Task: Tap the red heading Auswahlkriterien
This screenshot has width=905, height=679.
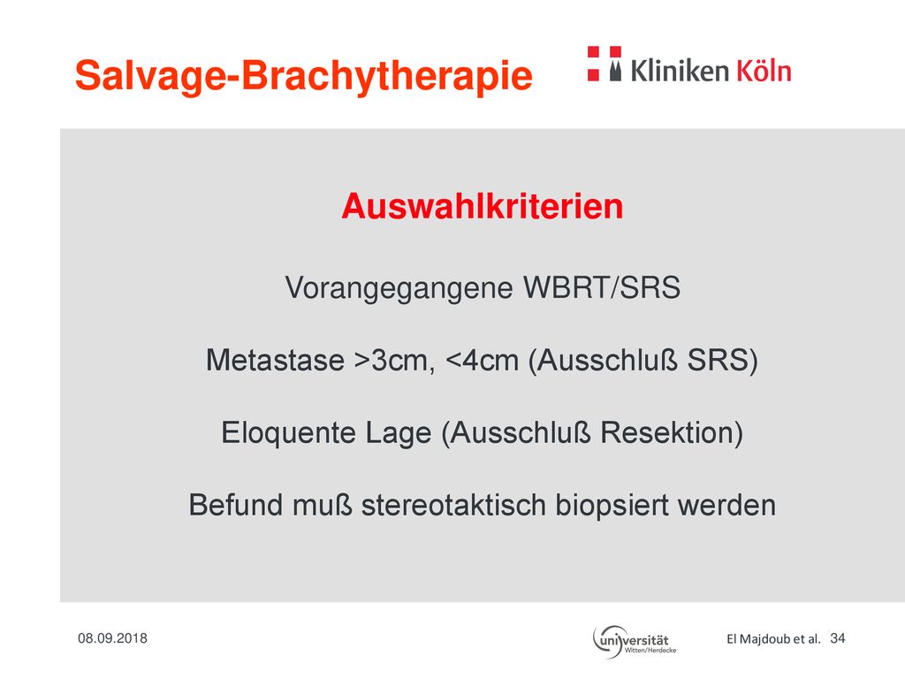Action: click(482, 206)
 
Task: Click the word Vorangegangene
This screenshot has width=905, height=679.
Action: click(399, 288)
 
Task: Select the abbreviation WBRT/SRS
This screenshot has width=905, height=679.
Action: click(602, 287)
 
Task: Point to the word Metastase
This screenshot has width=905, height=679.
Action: click(276, 361)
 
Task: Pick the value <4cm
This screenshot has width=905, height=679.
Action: click(483, 361)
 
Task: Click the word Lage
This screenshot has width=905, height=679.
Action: click(399, 433)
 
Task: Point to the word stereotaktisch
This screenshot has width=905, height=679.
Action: click(453, 505)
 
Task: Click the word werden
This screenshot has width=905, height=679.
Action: click(726, 505)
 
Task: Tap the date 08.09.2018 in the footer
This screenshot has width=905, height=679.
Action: click(112, 638)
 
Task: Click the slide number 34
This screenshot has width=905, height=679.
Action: click(838, 638)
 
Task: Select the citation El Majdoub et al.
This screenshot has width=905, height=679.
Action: click(773, 638)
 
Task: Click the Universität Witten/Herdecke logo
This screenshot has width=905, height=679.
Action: click(635, 642)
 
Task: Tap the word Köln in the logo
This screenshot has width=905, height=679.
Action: click(763, 71)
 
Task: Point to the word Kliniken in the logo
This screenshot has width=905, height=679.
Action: click(680, 71)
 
